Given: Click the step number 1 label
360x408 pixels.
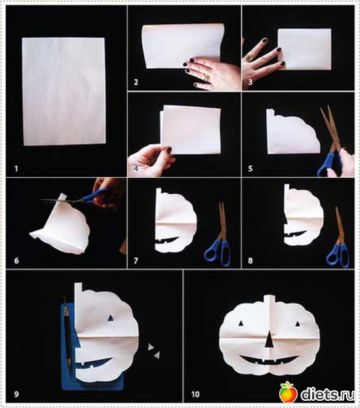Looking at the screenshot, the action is (16, 169).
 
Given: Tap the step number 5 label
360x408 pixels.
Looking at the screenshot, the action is (250, 169).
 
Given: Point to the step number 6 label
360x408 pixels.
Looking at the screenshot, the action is (16, 260).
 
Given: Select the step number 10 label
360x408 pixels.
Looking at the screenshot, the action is (195, 394).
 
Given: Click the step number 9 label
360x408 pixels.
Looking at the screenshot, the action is (16, 394).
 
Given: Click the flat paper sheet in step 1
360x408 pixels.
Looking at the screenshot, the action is (64, 91).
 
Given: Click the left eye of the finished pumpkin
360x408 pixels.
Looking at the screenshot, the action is (241, 323).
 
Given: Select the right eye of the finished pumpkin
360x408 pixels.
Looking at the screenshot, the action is (298, 323).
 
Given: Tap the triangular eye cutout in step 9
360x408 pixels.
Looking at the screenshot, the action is (111, 317).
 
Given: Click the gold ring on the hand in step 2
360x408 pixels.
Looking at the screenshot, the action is (207, 77).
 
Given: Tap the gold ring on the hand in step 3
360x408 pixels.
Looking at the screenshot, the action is (249, 58).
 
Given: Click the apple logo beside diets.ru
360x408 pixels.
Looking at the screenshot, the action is (289, 392).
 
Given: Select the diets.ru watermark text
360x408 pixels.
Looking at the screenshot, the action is (328, 394).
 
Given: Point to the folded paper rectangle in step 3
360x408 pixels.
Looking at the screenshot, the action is (305, 49).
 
